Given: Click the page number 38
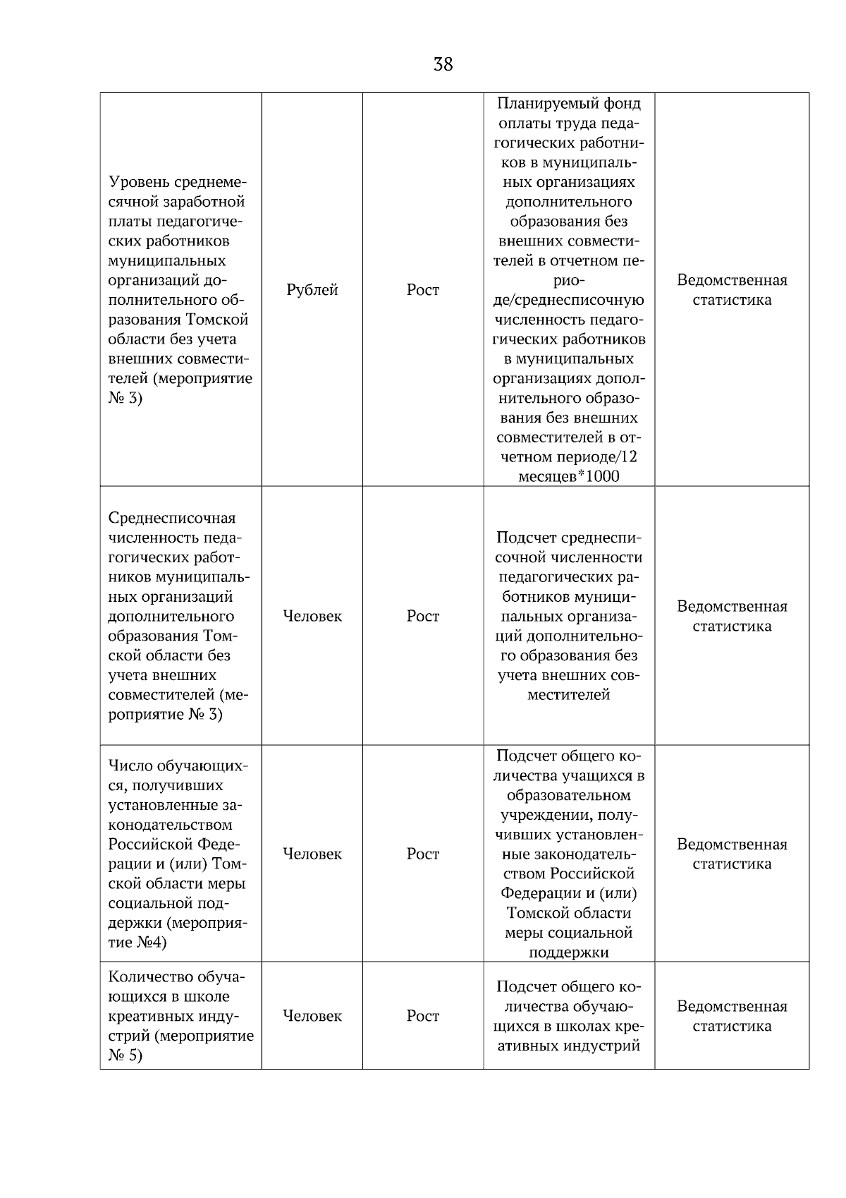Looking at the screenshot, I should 443,65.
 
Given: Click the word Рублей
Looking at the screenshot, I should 312,290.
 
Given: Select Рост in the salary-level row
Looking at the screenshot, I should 423,290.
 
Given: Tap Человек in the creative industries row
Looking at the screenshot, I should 312,1016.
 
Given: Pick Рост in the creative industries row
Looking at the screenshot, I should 423,1016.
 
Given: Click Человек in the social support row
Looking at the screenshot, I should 312,854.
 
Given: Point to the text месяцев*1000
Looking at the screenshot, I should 569,476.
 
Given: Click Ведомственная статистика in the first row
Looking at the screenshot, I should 732,290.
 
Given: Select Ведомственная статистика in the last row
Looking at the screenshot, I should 732,1016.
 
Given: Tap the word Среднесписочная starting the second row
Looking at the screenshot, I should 172,518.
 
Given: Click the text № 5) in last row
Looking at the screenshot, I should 125,1055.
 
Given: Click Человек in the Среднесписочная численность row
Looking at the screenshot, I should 312,616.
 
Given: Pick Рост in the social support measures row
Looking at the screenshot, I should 423,854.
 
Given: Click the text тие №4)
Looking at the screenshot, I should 137,943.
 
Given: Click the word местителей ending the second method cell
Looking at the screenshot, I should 569,695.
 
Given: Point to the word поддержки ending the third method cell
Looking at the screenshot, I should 569,952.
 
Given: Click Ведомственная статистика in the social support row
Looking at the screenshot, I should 732,854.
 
